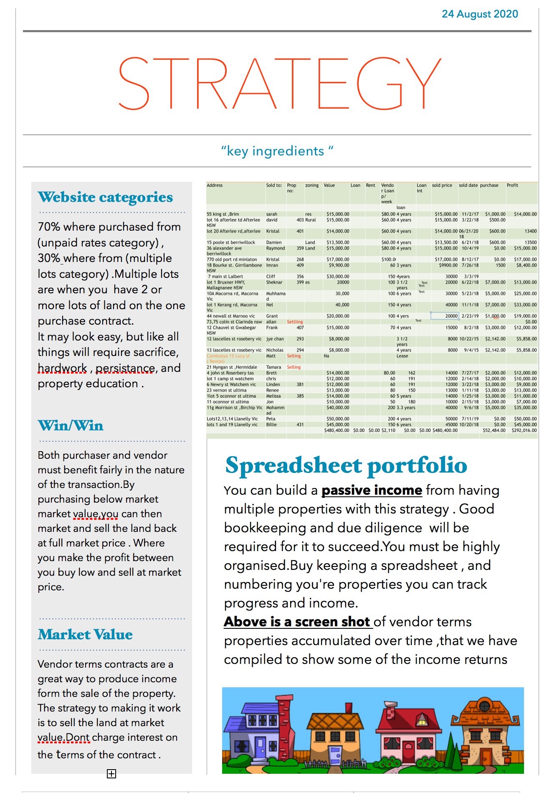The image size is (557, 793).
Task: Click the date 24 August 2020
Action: coord(480,14)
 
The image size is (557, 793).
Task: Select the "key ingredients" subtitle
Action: coord(277,151)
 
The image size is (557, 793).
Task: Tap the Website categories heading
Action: coord(105,197)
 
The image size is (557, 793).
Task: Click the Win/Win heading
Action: coord(71,426)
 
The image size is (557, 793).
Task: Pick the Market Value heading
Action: coord(85,635)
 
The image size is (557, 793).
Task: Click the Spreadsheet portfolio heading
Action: coord(346,465)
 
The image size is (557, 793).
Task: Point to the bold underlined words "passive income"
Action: coord(372,490)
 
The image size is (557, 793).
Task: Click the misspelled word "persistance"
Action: coord(125,368)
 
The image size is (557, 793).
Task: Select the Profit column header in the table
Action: coord(512,185)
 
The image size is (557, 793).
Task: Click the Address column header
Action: coord(215,185)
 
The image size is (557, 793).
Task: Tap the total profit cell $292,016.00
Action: coord(524,430)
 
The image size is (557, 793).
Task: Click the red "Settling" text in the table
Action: coord(295,322)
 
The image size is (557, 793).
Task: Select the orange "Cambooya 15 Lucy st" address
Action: coord(228,356)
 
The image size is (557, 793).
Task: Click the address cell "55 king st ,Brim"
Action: coord(223,214)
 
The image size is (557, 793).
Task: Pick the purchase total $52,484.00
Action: coord(494,430)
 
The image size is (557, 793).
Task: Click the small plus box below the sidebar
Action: coord(111,774)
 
